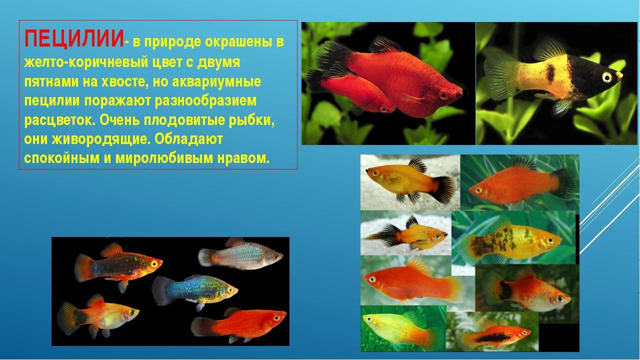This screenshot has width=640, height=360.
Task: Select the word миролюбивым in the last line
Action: pos(164,158)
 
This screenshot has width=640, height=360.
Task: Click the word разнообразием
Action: pos(205,101)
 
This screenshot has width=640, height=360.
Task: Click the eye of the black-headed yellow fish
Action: pos(606,77)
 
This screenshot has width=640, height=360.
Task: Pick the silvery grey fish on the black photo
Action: pos(240,255)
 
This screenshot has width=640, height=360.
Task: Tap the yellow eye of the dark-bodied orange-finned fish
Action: pos(154,263)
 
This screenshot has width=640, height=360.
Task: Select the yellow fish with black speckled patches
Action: pos(508,242)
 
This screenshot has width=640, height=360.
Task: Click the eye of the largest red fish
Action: pos(443,94)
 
